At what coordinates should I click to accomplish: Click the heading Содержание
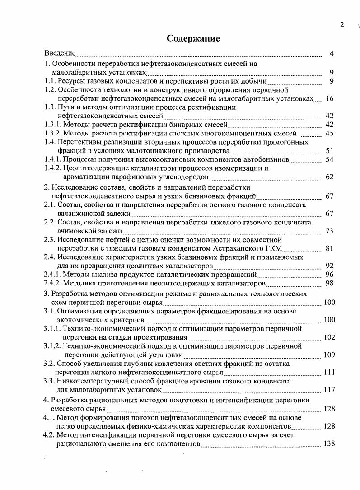click(x=193, y=38)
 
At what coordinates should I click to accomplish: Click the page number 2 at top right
click(x=342, y=24)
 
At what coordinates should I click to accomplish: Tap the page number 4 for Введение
click(x=332, y=54)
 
